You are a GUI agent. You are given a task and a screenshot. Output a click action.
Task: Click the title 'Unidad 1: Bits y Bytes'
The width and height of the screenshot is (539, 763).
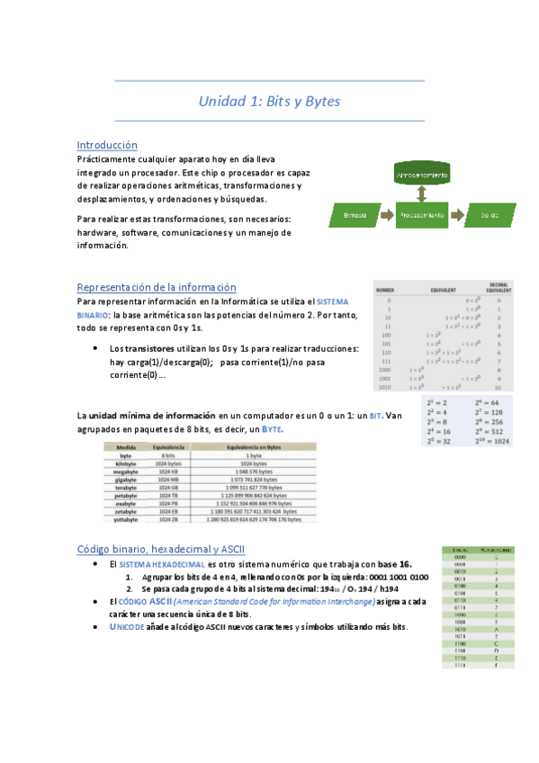click(x=269, y=102)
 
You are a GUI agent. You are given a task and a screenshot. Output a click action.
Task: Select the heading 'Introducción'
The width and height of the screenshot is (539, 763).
click(x=107, y=144)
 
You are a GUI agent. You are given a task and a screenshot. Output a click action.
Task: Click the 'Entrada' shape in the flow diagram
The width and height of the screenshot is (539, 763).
click(x=355, y=215)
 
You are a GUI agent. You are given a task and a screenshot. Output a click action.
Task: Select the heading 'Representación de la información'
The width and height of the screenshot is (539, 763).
click(x=157, y=287)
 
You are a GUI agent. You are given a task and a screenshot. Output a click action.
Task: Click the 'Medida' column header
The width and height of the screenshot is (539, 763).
click(x=126, y=447)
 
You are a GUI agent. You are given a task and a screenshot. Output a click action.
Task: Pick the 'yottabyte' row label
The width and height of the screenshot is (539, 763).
click(x=126, y=519)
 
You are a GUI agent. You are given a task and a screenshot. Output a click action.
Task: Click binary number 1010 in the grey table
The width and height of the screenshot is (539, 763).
click(x=384, y=388)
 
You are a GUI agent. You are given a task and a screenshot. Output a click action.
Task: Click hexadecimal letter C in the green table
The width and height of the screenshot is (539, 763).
click(x=497, y=642)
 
